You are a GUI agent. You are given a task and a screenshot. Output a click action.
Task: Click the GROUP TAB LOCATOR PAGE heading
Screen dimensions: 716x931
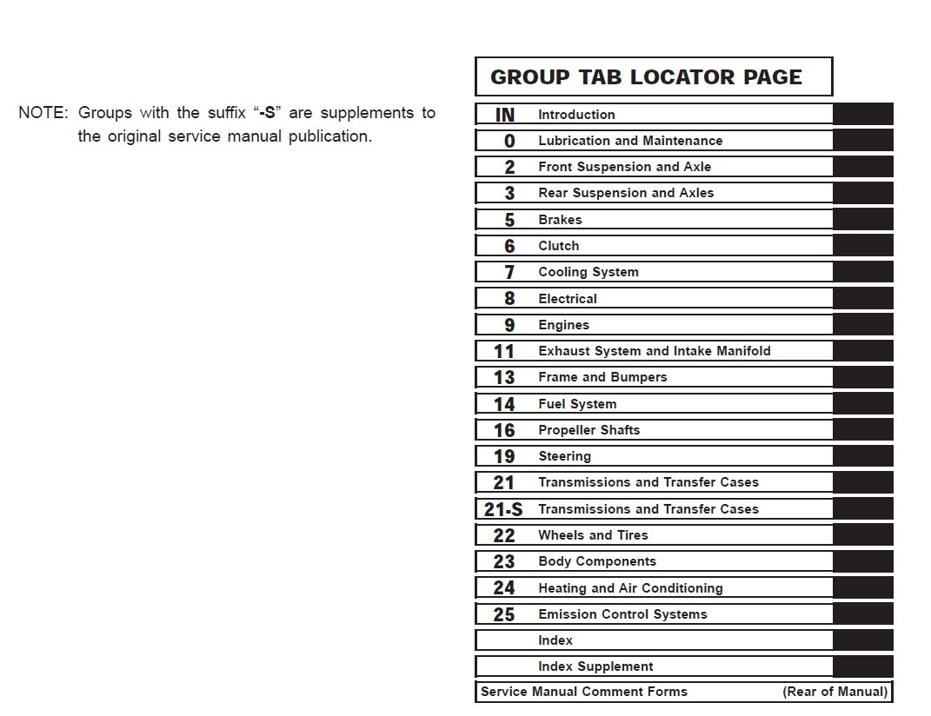point(646,76)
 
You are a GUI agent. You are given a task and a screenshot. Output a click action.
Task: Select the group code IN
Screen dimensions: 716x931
point(504,115)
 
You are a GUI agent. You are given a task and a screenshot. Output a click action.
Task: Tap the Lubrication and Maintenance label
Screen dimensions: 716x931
point(629,141)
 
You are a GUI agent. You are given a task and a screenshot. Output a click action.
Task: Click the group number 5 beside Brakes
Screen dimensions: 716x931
point(509,220)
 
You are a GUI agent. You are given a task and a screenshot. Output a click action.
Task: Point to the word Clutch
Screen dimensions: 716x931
point(558,246)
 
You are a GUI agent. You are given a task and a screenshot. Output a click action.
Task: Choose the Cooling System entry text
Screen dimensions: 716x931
point(588,272)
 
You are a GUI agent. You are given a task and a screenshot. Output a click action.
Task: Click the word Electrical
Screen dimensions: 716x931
point(567,299)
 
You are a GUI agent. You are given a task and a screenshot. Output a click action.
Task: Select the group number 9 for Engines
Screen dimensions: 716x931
point(509,325)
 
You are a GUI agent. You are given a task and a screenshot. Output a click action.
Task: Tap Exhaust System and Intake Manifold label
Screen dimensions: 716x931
point(654,351)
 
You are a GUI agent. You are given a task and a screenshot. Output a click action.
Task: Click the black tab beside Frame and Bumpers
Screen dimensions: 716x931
point(862,377)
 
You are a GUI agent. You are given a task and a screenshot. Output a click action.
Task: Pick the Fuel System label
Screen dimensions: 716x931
point(576,404)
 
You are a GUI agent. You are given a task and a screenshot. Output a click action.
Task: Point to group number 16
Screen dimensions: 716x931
point(504,430)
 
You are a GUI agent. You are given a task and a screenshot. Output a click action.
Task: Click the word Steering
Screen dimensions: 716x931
point(564,456)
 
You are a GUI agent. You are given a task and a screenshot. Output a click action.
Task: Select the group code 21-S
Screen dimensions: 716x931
point(503,509)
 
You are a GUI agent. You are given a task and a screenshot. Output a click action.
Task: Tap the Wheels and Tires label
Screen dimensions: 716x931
point(593,535)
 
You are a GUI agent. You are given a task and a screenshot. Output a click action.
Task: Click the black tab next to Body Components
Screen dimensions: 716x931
point(862,561)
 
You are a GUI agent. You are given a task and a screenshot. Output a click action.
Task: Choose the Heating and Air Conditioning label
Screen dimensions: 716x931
point(630,588)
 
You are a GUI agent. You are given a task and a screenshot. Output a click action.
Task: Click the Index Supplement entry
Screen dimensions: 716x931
point(595,666)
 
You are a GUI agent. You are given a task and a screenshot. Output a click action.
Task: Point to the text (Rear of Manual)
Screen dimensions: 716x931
point(835,692)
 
